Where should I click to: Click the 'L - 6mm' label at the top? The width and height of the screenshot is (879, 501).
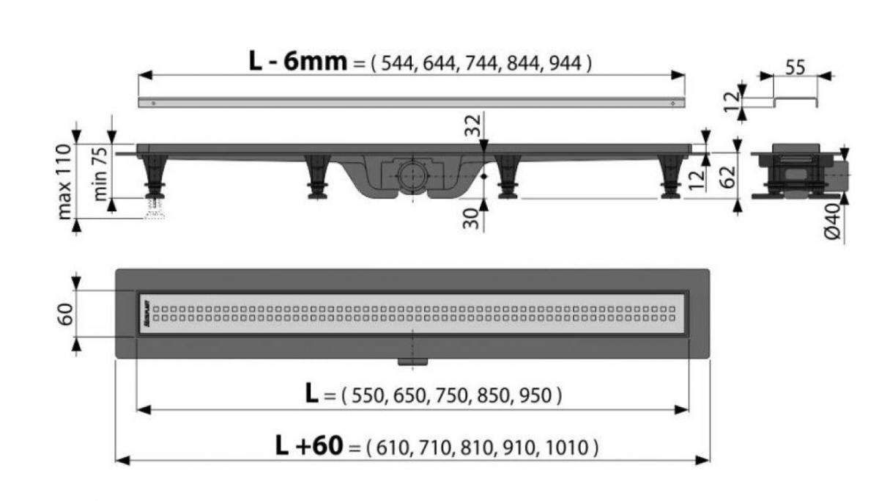(x=297, y=62)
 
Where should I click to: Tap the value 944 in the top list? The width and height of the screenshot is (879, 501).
(x=568, y=64)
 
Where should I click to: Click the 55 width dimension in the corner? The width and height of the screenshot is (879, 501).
(x=795, y=67)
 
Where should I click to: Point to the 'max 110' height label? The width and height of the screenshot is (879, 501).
(x=64, y=181)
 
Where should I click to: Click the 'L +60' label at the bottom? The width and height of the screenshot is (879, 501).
(x=308, y=445)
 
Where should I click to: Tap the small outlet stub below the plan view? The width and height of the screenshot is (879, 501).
(x=413, y=361)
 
